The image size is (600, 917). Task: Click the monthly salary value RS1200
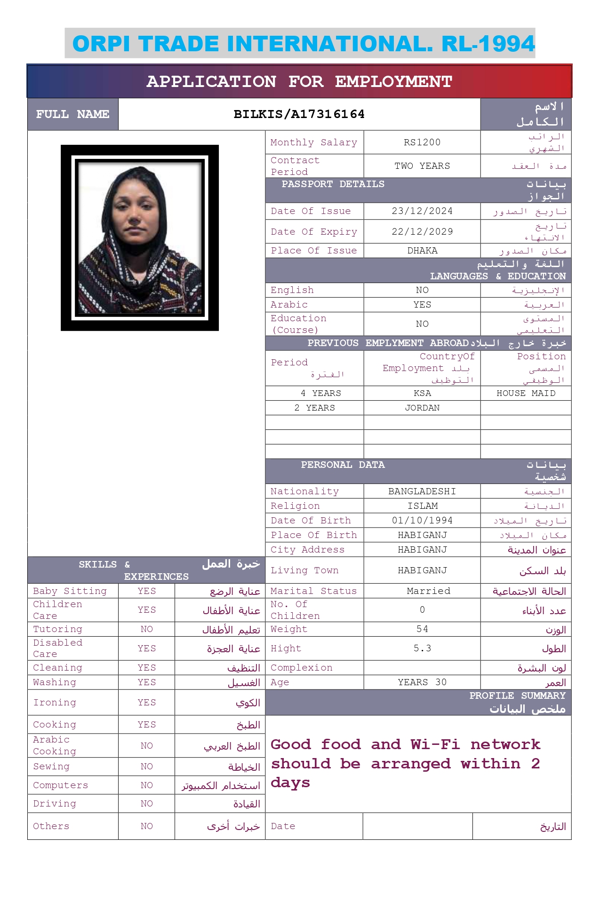(x=422, y=142)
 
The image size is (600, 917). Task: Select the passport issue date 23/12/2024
(x=422, y=211)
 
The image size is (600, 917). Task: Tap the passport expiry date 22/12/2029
(x=422, y=232)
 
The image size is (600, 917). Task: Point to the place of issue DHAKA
(x=422, y=251)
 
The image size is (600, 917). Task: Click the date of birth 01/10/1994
(x=422, y=521)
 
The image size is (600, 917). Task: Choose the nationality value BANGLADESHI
(x=422, y=491)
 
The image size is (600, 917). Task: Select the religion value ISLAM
(x=422, y=506)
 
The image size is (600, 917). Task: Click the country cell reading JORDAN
(x=422, y=408)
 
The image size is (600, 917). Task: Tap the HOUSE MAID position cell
(x=526, y=393)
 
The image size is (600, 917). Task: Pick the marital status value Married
(x=428, y=591)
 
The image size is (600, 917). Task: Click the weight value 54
(x=422, y=629)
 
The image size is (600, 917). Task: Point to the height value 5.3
(x=422, y=648)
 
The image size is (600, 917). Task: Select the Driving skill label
(x=54, y=804)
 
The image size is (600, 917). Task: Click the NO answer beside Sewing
(x=146, y=767)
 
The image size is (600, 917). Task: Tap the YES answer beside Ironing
(x=146, y=703)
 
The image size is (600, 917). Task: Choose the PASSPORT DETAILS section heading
(x=333, y=184)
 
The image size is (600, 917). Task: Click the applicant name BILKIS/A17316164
(x=299, y=114)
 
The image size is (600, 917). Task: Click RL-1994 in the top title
(x=488, y=44)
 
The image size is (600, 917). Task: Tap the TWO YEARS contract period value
(x=422, y=166)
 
